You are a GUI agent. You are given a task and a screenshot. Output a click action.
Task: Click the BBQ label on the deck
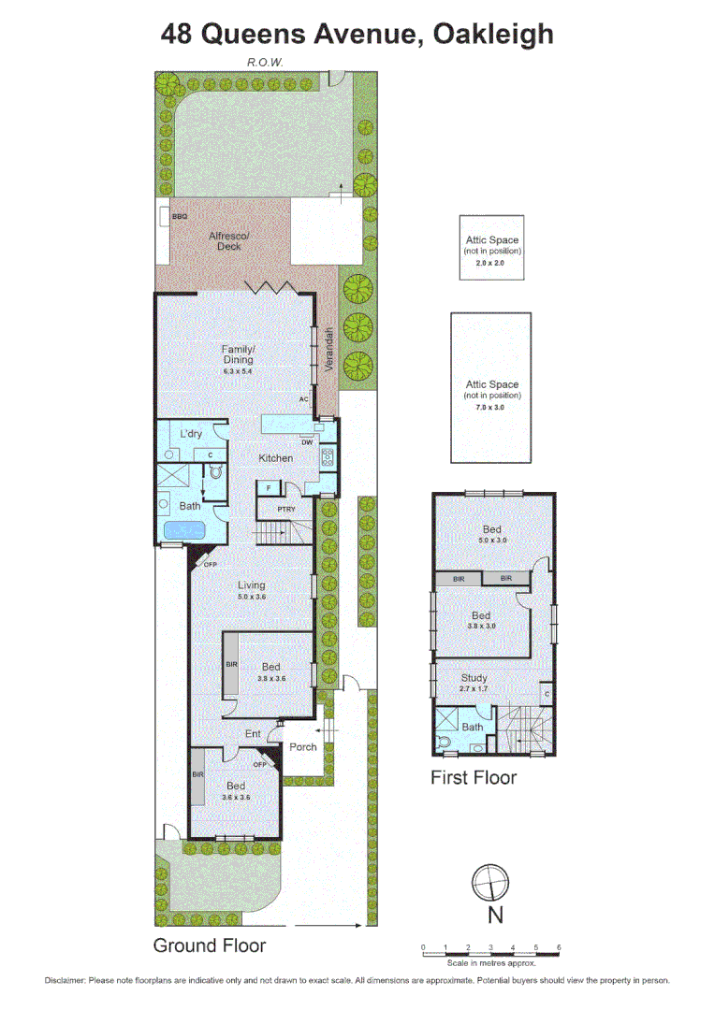coord(180,217)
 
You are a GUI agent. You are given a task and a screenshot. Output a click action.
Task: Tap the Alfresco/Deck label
coord(229,241)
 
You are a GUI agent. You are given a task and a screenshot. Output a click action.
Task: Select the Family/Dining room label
coord(239,354)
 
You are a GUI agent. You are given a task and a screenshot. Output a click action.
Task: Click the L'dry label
coord(191,434)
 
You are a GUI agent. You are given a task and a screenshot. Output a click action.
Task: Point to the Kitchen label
coord(276,458)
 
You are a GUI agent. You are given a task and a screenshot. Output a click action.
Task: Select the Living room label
coord(251,585)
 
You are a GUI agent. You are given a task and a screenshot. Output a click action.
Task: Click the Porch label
coord(302,747)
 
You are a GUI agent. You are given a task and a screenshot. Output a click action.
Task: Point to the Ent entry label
coord(253,734)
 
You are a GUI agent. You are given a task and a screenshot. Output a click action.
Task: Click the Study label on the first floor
coord(474,678)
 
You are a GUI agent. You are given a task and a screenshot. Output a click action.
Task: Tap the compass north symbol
coord(489,882)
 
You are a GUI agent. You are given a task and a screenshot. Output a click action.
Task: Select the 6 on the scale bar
coord(559,948)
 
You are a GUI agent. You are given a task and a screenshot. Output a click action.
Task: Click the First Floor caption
coord(474,777)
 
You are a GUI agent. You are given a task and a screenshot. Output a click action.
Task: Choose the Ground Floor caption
coord(210,945)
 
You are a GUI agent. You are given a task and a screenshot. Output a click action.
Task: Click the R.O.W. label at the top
coord(265,62)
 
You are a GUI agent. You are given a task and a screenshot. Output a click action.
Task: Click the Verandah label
coord(329,351)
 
